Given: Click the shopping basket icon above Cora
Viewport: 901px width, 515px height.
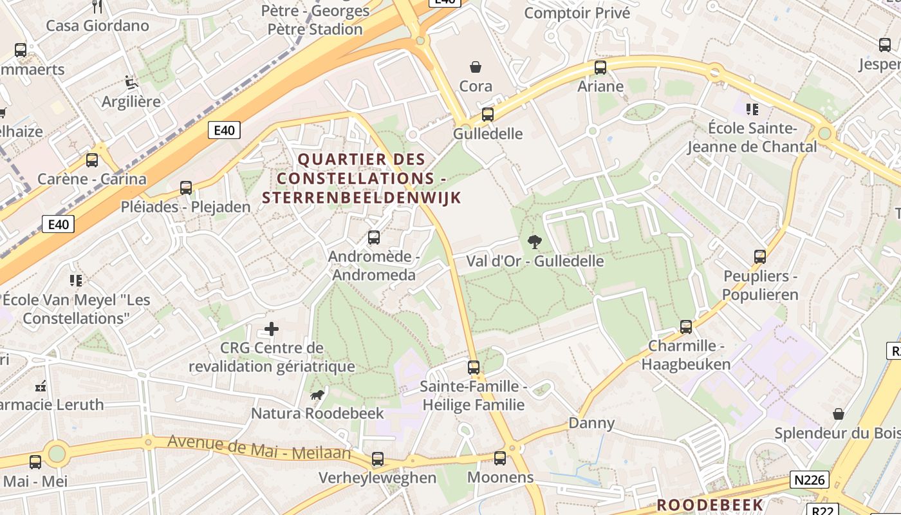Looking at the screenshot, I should click(x=476, y=67).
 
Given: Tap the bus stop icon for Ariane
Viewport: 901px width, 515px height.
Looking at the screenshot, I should click(x=600, y=68).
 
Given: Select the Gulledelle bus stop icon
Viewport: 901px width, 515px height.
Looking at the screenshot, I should click(x=488, y=115).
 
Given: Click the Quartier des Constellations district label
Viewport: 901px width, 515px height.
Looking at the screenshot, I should click(x=362, y=178).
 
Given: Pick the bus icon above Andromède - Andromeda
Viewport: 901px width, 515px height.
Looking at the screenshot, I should click(x=374, y=238).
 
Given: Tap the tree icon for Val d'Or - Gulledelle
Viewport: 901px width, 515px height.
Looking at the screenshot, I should click(x=534, y=242).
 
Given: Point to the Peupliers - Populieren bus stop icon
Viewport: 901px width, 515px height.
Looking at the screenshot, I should click(x=760, y=257).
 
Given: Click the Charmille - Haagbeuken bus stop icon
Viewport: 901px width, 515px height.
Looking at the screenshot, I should click(x=686, y=327).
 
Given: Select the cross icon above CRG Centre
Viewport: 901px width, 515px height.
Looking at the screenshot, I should click(x=272, y=330).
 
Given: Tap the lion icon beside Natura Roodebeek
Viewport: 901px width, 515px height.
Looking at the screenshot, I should click(x=317, y=395).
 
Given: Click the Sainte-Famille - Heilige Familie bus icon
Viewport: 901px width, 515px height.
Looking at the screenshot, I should click(x=474, y=368).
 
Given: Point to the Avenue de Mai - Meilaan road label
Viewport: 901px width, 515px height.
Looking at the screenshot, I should click(x=259, y=447).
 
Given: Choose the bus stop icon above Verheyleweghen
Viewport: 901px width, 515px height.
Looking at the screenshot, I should click(x=378, y=459).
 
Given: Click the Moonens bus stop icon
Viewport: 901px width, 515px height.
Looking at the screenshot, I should click(x=500, y=458).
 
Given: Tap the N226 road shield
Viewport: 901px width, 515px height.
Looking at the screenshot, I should click(x=810, y=480).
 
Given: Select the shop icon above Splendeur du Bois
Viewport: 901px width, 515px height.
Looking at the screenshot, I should click(x=839, y=414).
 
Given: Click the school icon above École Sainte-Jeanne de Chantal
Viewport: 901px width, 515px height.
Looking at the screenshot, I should click(x=752, y=109).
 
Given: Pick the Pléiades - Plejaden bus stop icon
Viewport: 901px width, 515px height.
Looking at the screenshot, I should click(x=186, y=188).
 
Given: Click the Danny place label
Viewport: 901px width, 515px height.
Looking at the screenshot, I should click(x=591, y=423).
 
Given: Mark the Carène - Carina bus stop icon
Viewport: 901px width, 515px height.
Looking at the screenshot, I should click(x=92, y=160).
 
